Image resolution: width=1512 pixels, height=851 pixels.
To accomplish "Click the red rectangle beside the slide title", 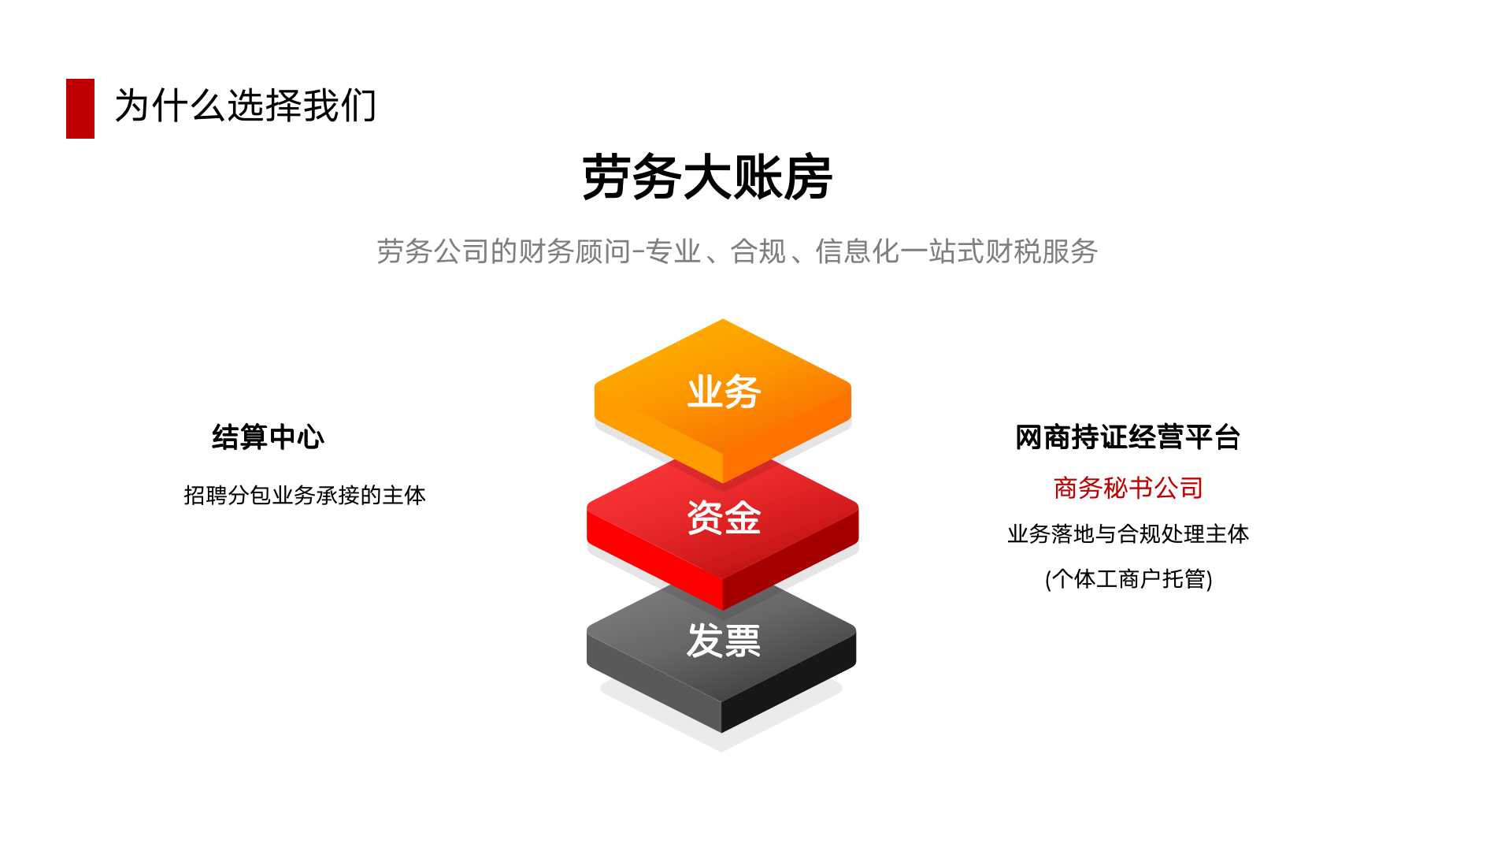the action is [80, 109].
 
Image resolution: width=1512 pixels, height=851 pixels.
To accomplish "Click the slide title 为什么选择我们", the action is [246, 106].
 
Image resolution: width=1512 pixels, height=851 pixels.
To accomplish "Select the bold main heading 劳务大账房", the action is [707, 177].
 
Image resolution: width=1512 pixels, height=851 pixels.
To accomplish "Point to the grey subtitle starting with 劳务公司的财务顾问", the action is [737, 251].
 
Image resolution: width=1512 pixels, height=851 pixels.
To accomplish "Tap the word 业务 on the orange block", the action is [724, 392].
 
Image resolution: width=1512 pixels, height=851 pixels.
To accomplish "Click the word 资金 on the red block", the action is [724, 518].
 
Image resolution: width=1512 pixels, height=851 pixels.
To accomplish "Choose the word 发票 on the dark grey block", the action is [724, 640].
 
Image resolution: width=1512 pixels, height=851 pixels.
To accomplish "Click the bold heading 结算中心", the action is [268, 437].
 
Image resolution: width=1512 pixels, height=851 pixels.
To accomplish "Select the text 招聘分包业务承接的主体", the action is [305, 495].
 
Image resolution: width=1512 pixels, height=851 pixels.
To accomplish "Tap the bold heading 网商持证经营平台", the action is [1128, 437].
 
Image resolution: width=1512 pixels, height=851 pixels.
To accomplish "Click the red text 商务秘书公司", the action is [1128, 489].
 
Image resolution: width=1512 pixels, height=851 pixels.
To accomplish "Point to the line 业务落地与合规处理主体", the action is [1128, 534].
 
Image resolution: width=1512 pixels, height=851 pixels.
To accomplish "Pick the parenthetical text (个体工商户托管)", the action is [1128, 579].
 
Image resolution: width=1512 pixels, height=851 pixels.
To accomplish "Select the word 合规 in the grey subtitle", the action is [758, 251].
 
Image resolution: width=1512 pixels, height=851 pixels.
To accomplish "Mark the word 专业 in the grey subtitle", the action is [673, 251].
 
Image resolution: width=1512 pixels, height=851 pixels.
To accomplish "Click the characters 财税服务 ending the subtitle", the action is [1042, 251].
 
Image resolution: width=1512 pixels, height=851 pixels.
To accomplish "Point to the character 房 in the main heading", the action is [808, 177].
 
